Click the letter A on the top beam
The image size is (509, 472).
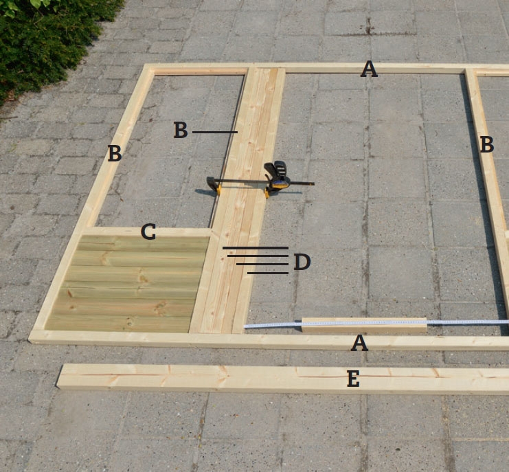369,69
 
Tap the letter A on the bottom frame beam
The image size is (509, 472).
359,343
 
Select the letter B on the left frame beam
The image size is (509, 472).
115,153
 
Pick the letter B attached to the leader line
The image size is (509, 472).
181,130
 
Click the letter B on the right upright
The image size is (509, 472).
486,144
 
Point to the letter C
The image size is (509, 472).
148,232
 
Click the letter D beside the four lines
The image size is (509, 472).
302,262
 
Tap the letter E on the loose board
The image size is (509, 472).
353,379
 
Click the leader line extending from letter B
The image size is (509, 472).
215,132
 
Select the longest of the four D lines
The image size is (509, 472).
256,248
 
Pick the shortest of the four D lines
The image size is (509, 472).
268,273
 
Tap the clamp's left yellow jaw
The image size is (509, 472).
217,189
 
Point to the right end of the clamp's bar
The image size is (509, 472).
314,184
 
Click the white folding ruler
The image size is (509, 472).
376,324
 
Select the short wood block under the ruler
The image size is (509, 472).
364,325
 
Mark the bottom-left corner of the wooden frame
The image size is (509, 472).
30,340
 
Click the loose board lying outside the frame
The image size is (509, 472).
283,379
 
